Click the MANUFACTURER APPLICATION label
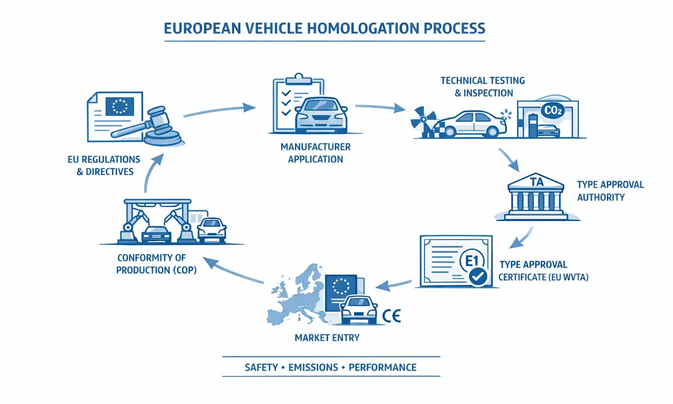click(x=315, y=153)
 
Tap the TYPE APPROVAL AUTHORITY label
click(x=610, y=191)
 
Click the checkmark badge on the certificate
click(x=478, y=277)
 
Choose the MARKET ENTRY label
click(x=327, y=338)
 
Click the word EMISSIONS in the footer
click(x=313, y=368)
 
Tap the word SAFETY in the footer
click(x=261, y=368)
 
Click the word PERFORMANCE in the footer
click(x=382, y=368)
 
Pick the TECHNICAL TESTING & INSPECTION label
click(x=482, y=87)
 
